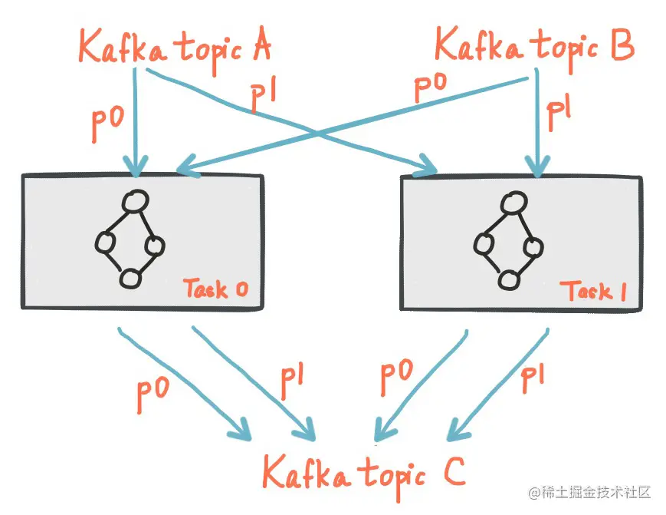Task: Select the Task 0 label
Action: pyautogui.click(x=216, y=289)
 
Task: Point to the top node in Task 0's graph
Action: pyautogui.click(x=136, y=202)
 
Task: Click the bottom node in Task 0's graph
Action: pyautogui.click(x=130, y=278)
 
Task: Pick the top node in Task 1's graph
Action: pyautogui.click(x=513, y=203)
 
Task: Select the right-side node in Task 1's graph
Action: pyautogui.click(x=534, y=247)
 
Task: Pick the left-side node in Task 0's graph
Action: pyautogui.click(x=104, y=243)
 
